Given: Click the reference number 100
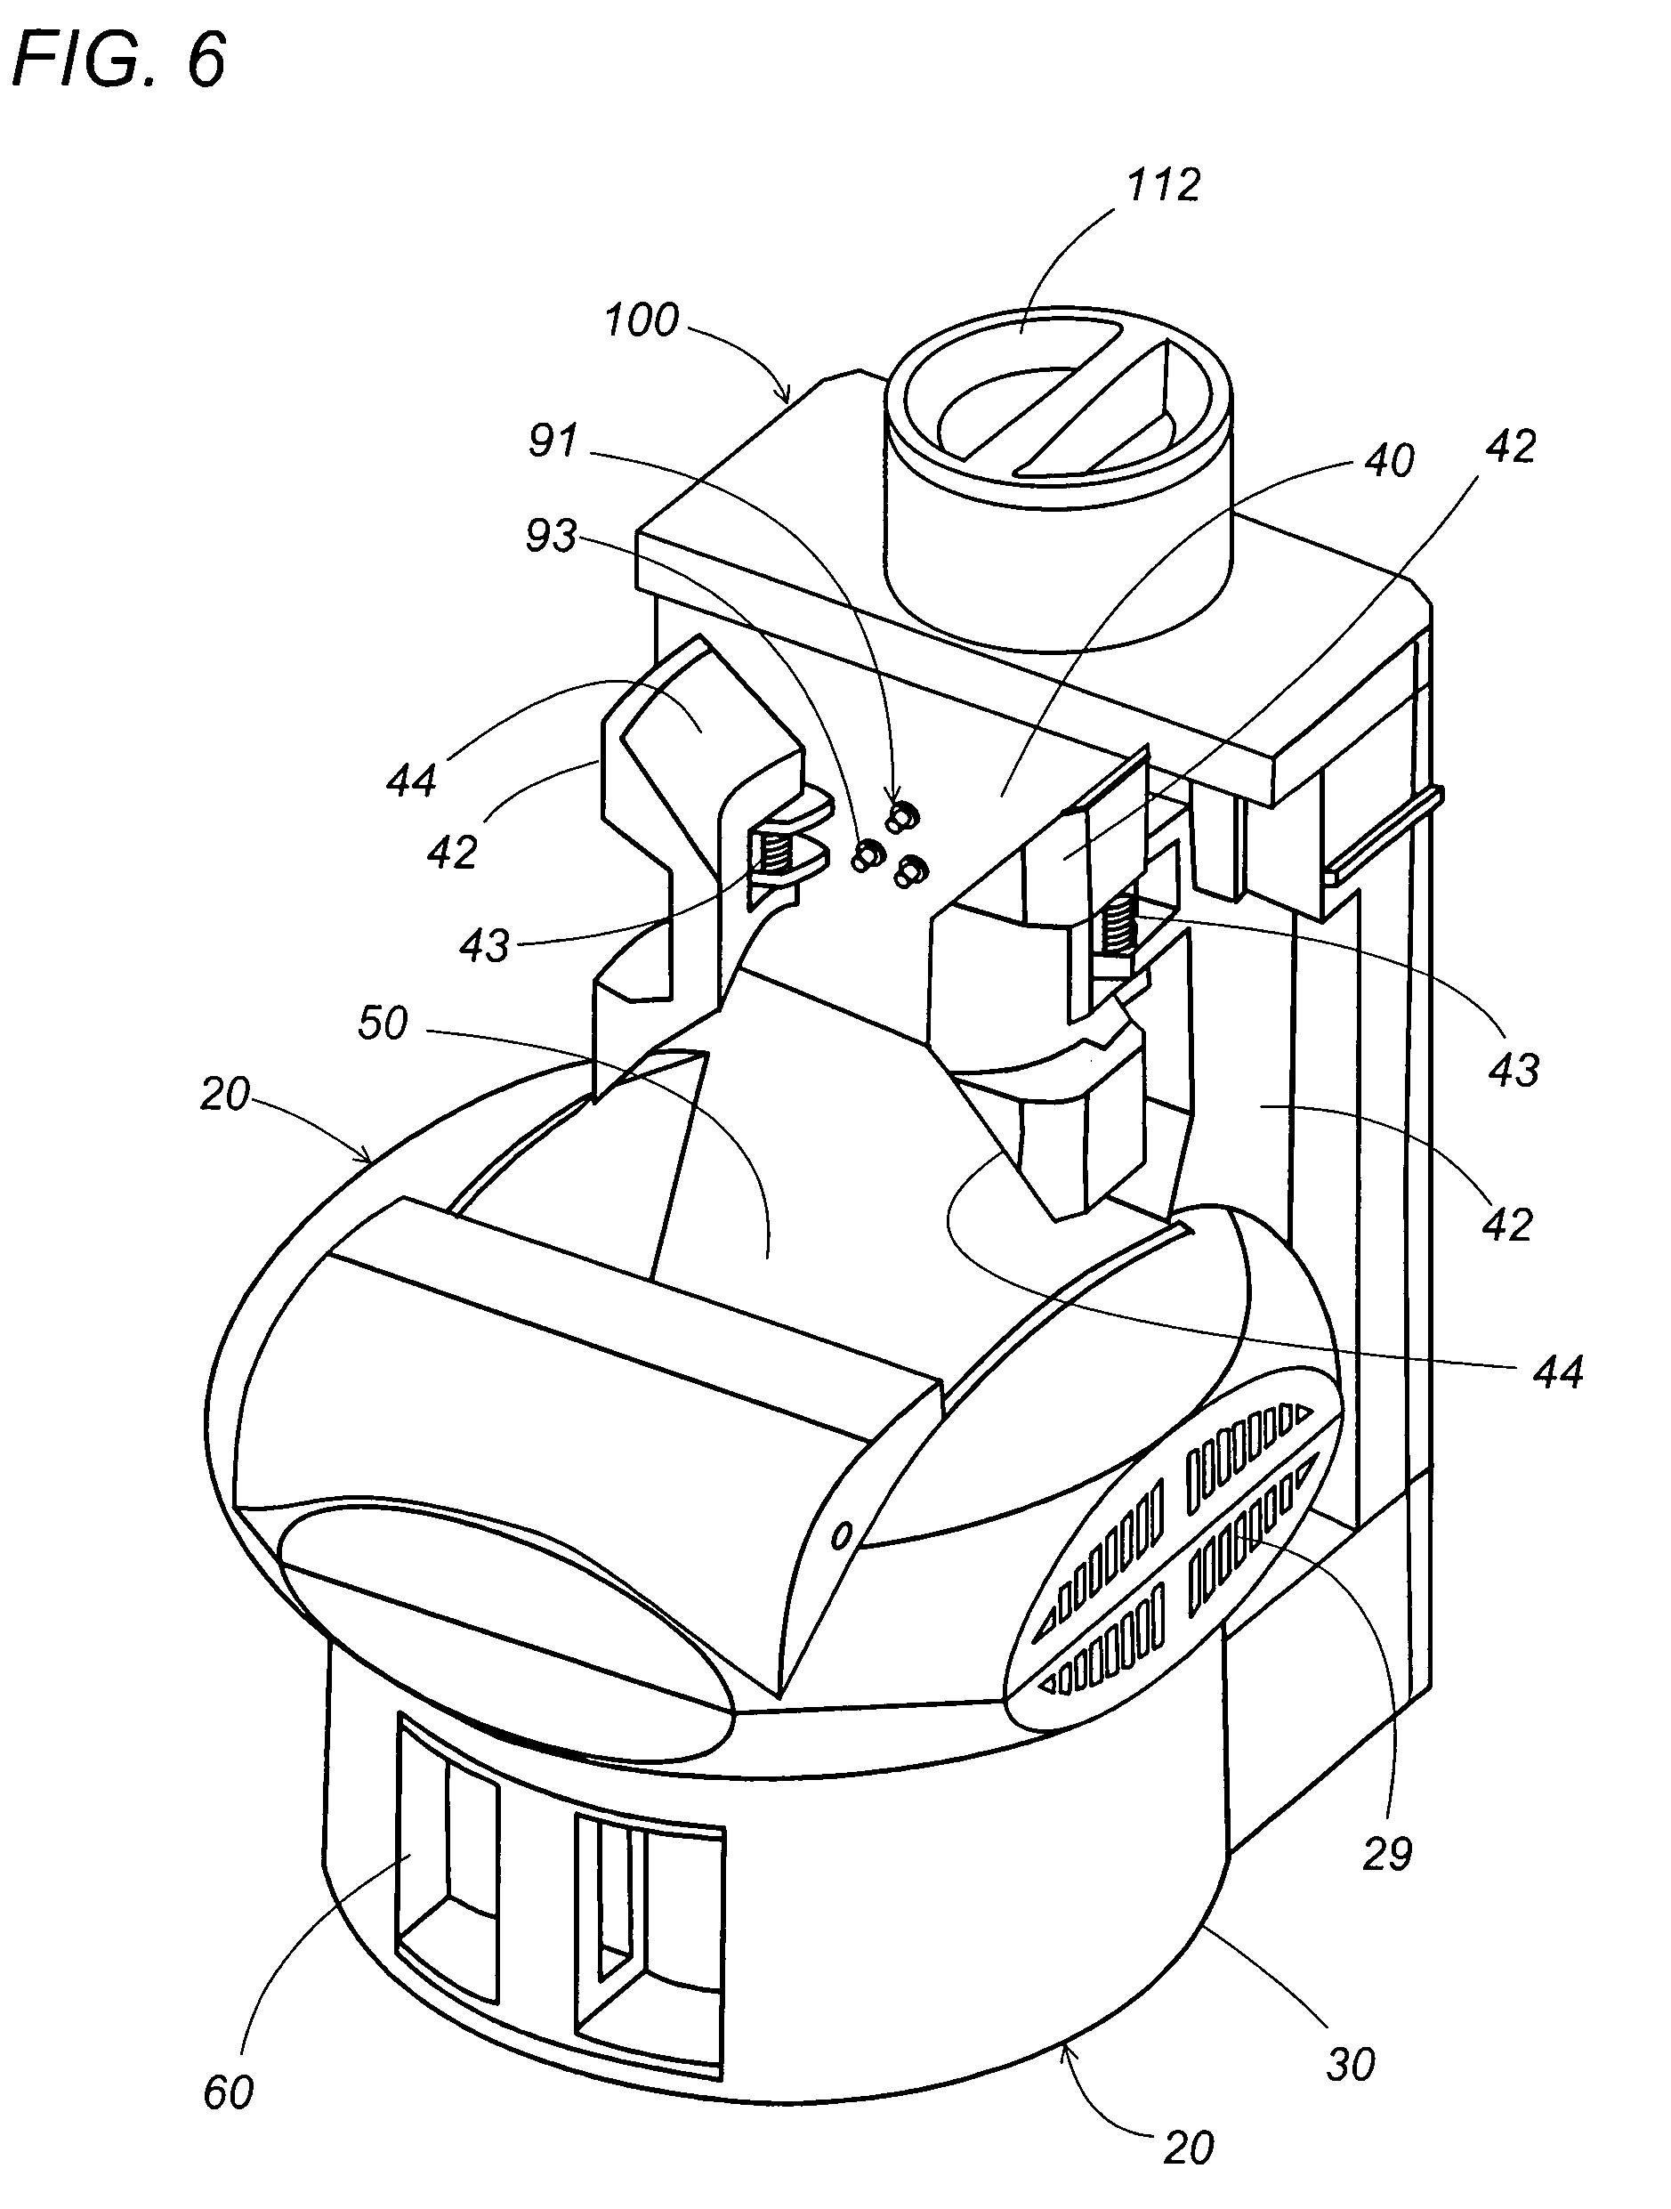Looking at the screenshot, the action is [x=642, y=320].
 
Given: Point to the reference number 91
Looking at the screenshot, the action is [x=553, y=440].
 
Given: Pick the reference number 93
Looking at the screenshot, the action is [x=552, y=537].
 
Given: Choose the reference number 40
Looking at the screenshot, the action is [x=1389, y=460].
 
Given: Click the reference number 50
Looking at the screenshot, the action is [x=383, y=1024].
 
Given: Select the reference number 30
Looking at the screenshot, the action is [x=1351, y=2063].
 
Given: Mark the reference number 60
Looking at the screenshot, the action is [x=229, y=2092].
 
